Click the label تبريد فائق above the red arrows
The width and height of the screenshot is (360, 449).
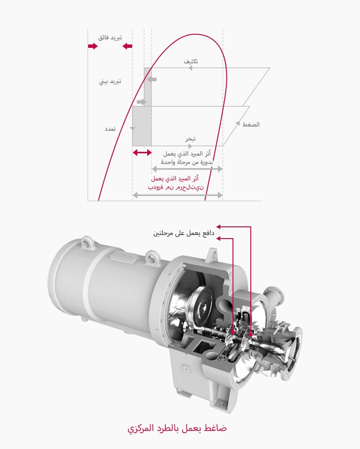(x=110, y=37)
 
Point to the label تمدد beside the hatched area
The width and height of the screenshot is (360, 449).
(x=110, y=128)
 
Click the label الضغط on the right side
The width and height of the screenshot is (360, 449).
(x=251, y=125)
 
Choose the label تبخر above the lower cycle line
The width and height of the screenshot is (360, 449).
(x=190, y=139)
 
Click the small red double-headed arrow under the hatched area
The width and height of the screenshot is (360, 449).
(x=142, y=153)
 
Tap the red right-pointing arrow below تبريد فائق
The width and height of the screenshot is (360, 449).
(x=92, y=46)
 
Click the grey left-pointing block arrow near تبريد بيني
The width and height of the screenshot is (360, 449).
(x=151, y=79)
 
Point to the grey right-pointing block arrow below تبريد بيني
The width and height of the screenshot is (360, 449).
(x=142, y=102)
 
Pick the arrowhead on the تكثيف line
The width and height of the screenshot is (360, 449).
(x=190, y=68)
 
